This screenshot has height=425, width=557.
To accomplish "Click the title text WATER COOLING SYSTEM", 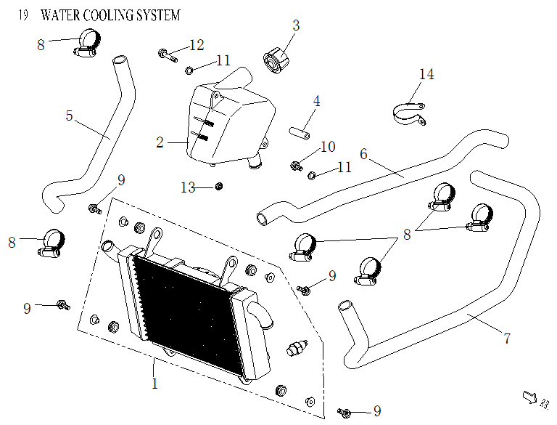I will [x=111, y=15].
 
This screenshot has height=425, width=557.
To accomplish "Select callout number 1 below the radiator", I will [x=154, y=384].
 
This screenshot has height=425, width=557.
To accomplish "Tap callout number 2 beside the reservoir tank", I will [x=160, y=142].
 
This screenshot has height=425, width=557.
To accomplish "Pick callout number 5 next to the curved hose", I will [x=70, y=115].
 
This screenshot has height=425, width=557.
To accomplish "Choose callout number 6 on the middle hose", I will [x=363, y=154].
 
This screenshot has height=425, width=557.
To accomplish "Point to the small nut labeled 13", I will [x=218, y=187].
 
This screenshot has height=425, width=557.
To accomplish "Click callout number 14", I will [x=426, y=74].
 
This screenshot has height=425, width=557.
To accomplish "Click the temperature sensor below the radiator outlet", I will [x=295, y=347].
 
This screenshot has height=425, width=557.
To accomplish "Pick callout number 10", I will [x=327, y=147].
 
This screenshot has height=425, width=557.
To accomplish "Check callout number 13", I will [x=188, y=188].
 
